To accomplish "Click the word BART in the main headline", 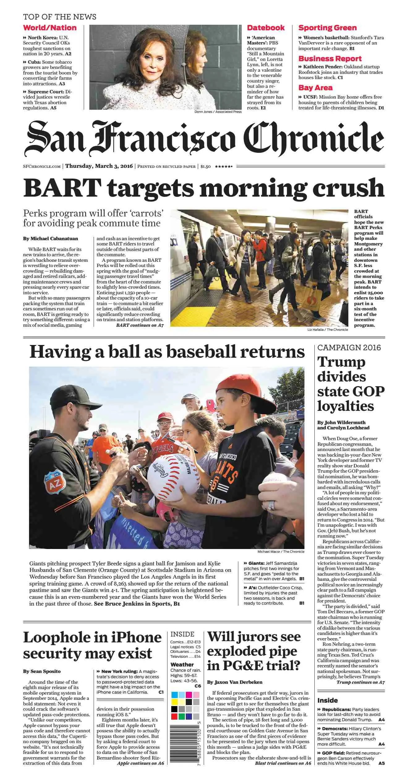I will [62, 188].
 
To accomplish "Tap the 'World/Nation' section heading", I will [50, 28].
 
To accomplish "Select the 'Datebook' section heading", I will [266, 28].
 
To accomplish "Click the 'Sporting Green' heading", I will [327, 28].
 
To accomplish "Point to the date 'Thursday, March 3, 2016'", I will [99, 166].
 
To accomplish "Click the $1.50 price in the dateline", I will [205, 166].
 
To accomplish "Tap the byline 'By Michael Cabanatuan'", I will [50, 239].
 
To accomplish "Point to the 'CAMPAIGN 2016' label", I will [349, 348].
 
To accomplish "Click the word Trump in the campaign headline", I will [341, 362].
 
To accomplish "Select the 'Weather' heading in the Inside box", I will [182, 665].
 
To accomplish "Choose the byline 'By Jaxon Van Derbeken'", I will [235, 682].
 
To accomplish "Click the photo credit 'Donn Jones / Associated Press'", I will [218, 112].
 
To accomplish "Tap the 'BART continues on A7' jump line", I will [140, 325].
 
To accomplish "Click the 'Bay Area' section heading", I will [315, 88].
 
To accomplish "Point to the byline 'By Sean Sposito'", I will [42, 671].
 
